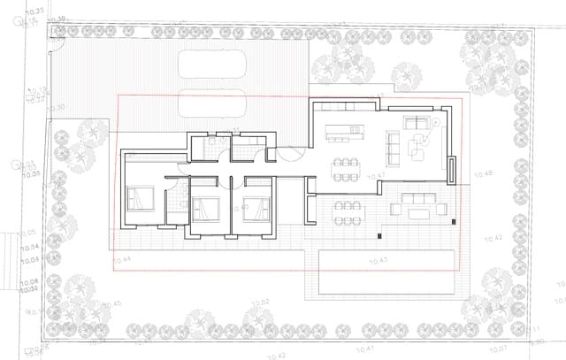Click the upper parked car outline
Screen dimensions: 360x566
213,65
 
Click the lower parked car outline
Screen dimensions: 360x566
213,103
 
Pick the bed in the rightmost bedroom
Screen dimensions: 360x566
257,209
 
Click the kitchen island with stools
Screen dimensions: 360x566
345,134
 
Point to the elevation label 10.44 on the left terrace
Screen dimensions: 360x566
123,259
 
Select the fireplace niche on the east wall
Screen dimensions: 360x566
451,169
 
